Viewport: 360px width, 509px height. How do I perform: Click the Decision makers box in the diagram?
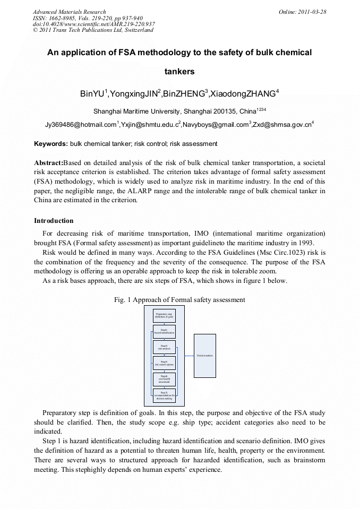pyautogui.click(x=204, y=355)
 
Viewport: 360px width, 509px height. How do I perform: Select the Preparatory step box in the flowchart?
pyautogui.click(x=164, y=315)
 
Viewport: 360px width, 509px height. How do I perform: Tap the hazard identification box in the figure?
pyautogui.click(x=164, y=332)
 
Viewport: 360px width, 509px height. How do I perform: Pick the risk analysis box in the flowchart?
pyautogui.click(x=164, y=347)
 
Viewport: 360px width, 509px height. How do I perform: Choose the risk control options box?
pyautogui.click(x=164, y=363)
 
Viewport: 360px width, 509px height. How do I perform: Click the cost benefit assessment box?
pyautogui.click(x=164, y=379)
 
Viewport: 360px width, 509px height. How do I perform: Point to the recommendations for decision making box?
pyautogui.click(x=164, y=395)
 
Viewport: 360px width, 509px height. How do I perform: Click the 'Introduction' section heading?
pyautogui.click(x=54, y=221)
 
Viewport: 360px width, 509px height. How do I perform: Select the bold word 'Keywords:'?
pyautogui.click(x=50, y=144)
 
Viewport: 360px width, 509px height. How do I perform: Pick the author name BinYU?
pyautogui.click(x=92, y=94)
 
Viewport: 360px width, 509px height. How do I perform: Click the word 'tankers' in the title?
pyautogui.click(x=179, y=71)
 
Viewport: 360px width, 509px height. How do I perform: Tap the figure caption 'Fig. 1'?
pyautogui.click(x=122, y=300)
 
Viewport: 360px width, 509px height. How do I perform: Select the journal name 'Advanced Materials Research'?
pyautogui.click(x=69, y=12)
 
